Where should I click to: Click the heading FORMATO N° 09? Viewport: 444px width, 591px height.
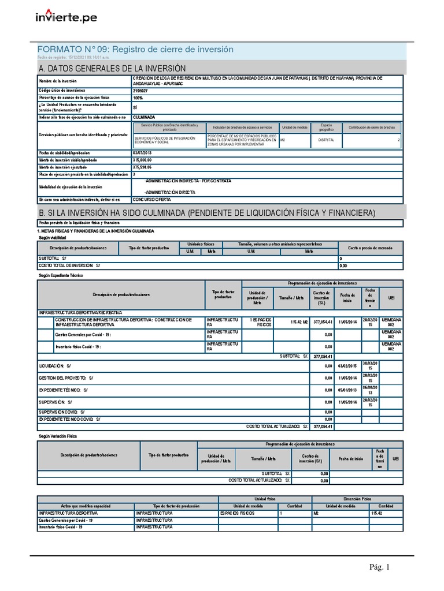click(135, 50)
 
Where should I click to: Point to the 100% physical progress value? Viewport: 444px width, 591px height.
click(138, 98)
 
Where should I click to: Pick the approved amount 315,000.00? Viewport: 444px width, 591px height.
click(142, 160)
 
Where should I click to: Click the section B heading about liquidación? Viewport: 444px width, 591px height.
click(206, 213)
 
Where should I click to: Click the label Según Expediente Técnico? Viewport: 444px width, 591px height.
click(60, 276)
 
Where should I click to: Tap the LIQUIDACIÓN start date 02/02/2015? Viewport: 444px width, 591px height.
click(348, 366)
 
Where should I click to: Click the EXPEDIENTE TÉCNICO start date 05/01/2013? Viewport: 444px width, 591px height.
click(348, 390)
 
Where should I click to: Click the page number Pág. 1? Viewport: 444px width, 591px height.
click(380, 567)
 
